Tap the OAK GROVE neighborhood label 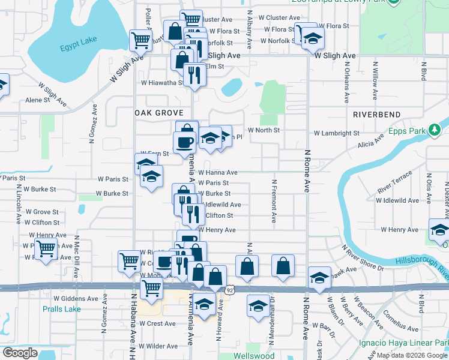pyautogui.click(x=158, y=113)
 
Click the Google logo pyautogui.click(x=20, y=353)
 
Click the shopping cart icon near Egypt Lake pyautogui.click(x=140, y=41)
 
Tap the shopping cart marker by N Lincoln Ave pyautogui.click(x=46, y=248)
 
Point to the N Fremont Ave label pyautogui.click(x=274, y=202)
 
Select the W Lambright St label pyautogui.click(x=336, y=133)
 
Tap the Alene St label pyautogui.click(x=37, y=101)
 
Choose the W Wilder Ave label pyautogui.click(x=158, y=346)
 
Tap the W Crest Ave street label pyautogui.click(x=157, y=323)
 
